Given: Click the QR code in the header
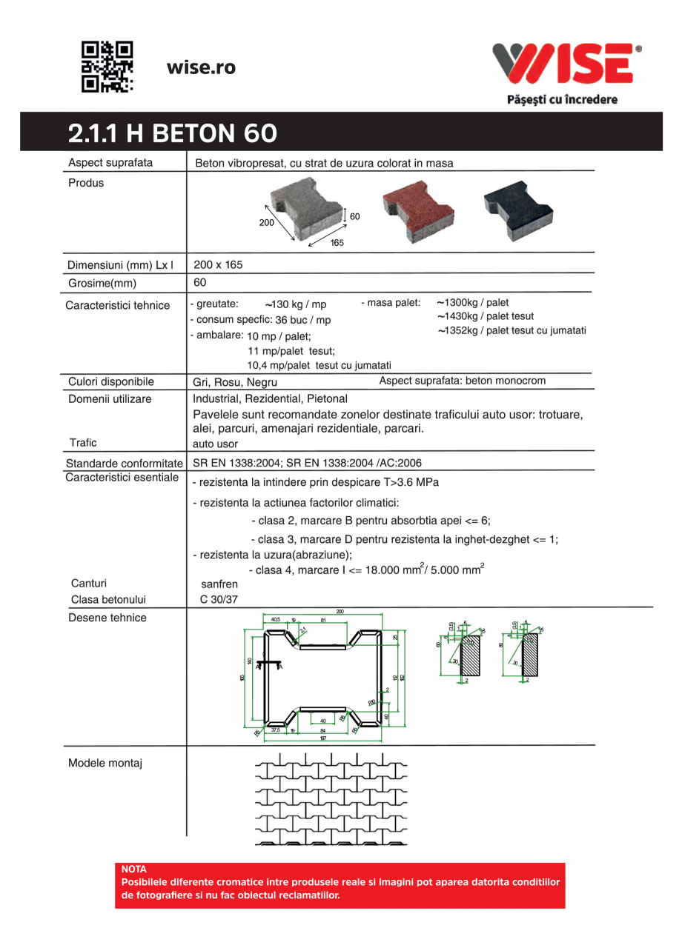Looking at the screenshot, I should [107, 67].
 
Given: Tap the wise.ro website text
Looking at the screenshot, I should [201, 67].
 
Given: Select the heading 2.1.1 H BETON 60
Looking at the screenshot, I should [173, 133].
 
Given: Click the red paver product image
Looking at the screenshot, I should [417, 211].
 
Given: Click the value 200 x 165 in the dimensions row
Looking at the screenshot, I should [218, 264].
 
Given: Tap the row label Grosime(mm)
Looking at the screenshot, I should [102, 283].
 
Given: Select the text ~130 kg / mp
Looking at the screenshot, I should [295, 304].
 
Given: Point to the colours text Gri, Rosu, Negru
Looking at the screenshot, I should [235, 382].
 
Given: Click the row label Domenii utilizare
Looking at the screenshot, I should [110, 399].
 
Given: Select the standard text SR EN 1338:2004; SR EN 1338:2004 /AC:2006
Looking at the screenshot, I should [307, 463].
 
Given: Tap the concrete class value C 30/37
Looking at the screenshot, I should [219, 600].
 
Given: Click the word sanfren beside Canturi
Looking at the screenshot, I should [219, 584].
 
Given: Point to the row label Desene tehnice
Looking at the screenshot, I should [107, 618].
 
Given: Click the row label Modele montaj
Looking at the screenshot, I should [105, 763].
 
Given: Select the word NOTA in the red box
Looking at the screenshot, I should [134, 869].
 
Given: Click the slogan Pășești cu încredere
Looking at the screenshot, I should [562, 99].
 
